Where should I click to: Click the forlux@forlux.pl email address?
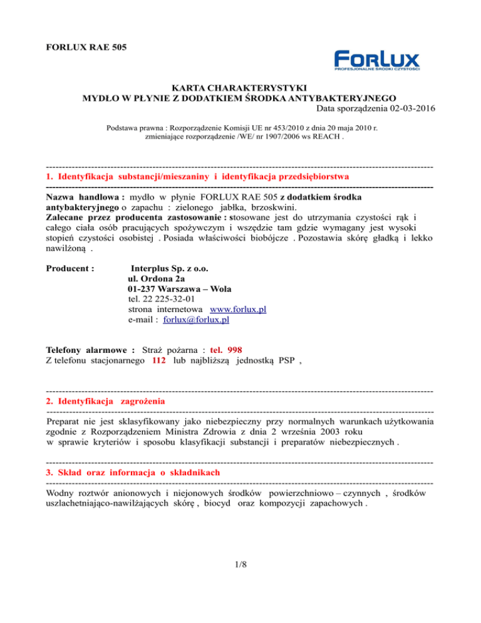click(195, 320)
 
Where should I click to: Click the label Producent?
click(70, 268)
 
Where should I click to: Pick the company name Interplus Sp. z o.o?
click(169, 268)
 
